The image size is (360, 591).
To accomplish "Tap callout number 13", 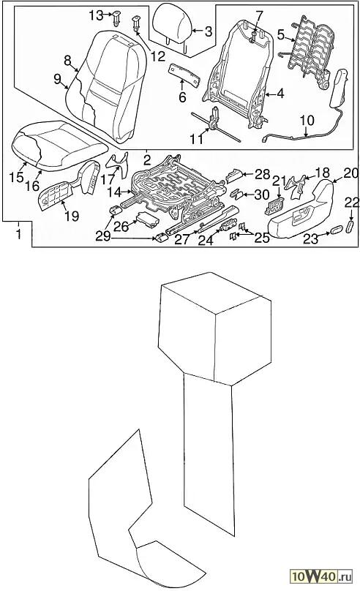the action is click(96, 15).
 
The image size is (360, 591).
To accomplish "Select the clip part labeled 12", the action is click(135, 23).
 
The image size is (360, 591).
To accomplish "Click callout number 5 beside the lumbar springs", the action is click(281, 35).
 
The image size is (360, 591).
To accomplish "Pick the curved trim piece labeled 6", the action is click(184, 74).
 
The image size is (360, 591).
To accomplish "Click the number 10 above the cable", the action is click(307, 121).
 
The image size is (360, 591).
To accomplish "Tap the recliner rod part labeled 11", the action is click(216, 124).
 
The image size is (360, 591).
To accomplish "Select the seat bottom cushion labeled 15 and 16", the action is click(59, 145).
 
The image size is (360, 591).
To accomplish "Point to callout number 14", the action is click(113, 192).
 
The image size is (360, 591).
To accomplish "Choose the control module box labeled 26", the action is click(148, 220).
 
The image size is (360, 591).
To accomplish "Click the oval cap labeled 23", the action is click(337, 230).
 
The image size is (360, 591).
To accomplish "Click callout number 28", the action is click(263, 174).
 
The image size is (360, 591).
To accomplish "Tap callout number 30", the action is click(262, 195).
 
